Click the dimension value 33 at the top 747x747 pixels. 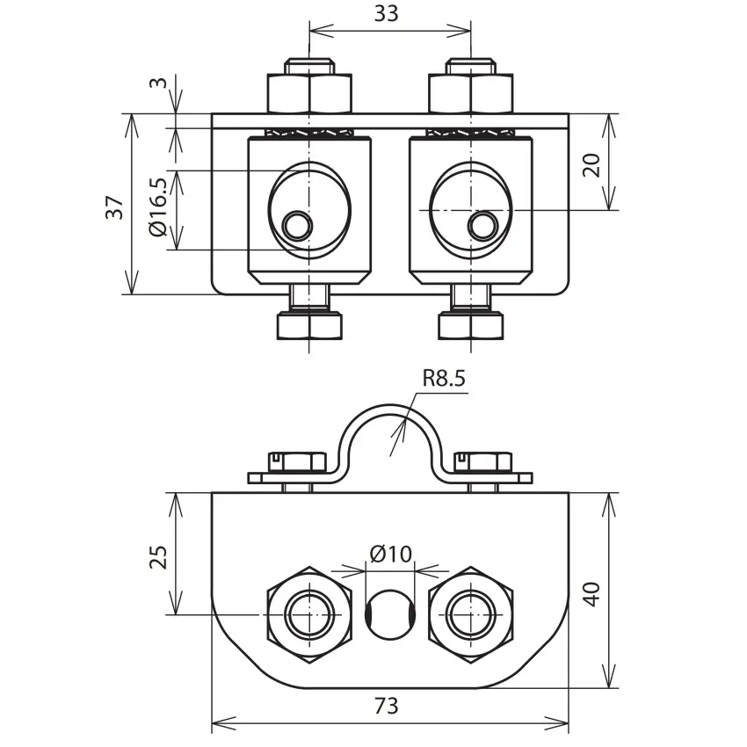[386, 13]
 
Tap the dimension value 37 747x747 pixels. [115, 207]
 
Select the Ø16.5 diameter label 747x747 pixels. [158, 207]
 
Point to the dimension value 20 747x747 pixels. [592, 165]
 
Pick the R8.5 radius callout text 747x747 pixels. [444, 378]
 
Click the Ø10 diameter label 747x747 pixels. [391, 554]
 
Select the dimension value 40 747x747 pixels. [592, 594]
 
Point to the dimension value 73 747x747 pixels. [386, 706]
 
